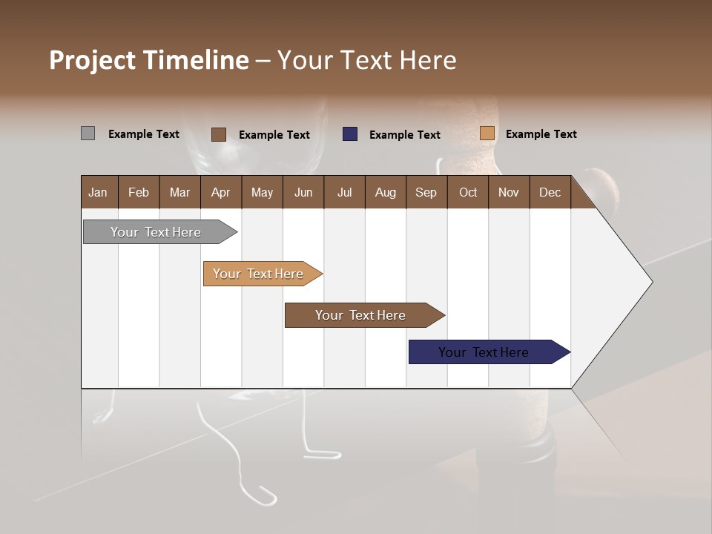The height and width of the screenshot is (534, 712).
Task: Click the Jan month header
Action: pyautogui.click(x=98, y=192)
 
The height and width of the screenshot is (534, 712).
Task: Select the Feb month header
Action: pyautogui.click(x=139, y=192)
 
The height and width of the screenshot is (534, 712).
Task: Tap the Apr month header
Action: pyautogui.click(x=220, y=192)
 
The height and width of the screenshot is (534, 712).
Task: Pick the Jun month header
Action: pyautogui.click(x=303, y=192)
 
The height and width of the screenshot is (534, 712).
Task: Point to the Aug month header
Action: pyautogui.click(x=385, y=192)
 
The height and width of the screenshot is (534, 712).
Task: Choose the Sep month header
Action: pyautogui.click(x=426, y=192)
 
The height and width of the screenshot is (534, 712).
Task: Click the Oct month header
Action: pyautogui.click(x=468, y=192)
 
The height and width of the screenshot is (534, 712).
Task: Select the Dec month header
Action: pyautogui.click(x=550, y=192)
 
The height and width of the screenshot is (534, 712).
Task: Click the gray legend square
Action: pyautogui.click(x=88, y=133)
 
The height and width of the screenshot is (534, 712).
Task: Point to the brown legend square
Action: pyautogui.click(x=218, y=134)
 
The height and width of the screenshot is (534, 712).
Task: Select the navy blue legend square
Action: pyautogui.click(x=349, y=134)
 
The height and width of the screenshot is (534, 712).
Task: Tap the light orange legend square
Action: pyautogui.click(x=487, y=133)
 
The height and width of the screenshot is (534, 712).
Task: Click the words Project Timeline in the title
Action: pyautogui.click(x=148, y=60)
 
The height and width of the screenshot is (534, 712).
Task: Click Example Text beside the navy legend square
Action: pyautogui.click(x=404, y=135)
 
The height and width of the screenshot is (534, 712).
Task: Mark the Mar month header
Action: pyautogui.click(x=179, y=192)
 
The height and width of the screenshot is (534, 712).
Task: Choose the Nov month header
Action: pyautogui.click(x=508, y=192)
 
